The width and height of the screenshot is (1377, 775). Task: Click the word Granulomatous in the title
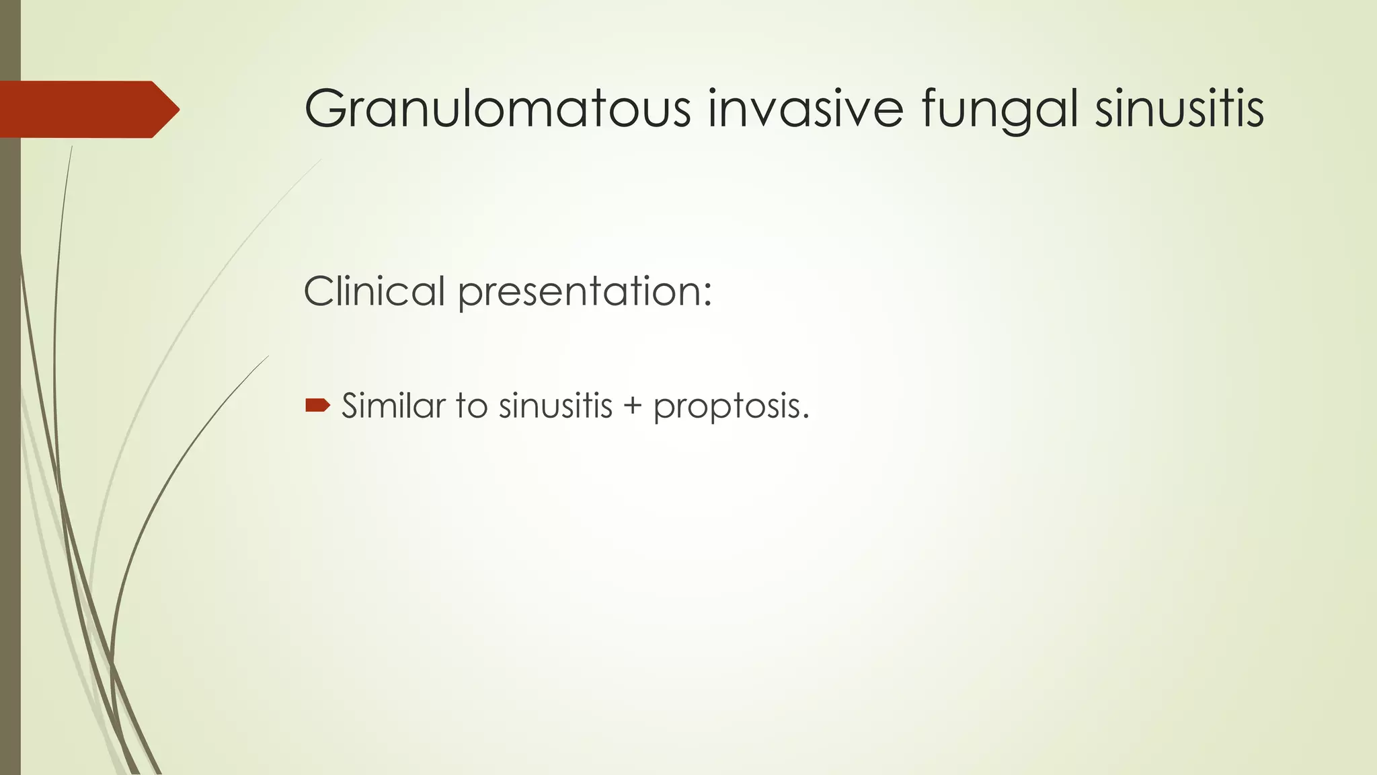[x=498, y=109]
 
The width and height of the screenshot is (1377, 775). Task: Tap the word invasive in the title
[x=805, y=109]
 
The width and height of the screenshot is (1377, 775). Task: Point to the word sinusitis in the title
[x=1179, y=109]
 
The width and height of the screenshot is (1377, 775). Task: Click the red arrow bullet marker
[x=317, y=405]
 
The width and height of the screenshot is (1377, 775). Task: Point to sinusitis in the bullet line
[x=555, y=406]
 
